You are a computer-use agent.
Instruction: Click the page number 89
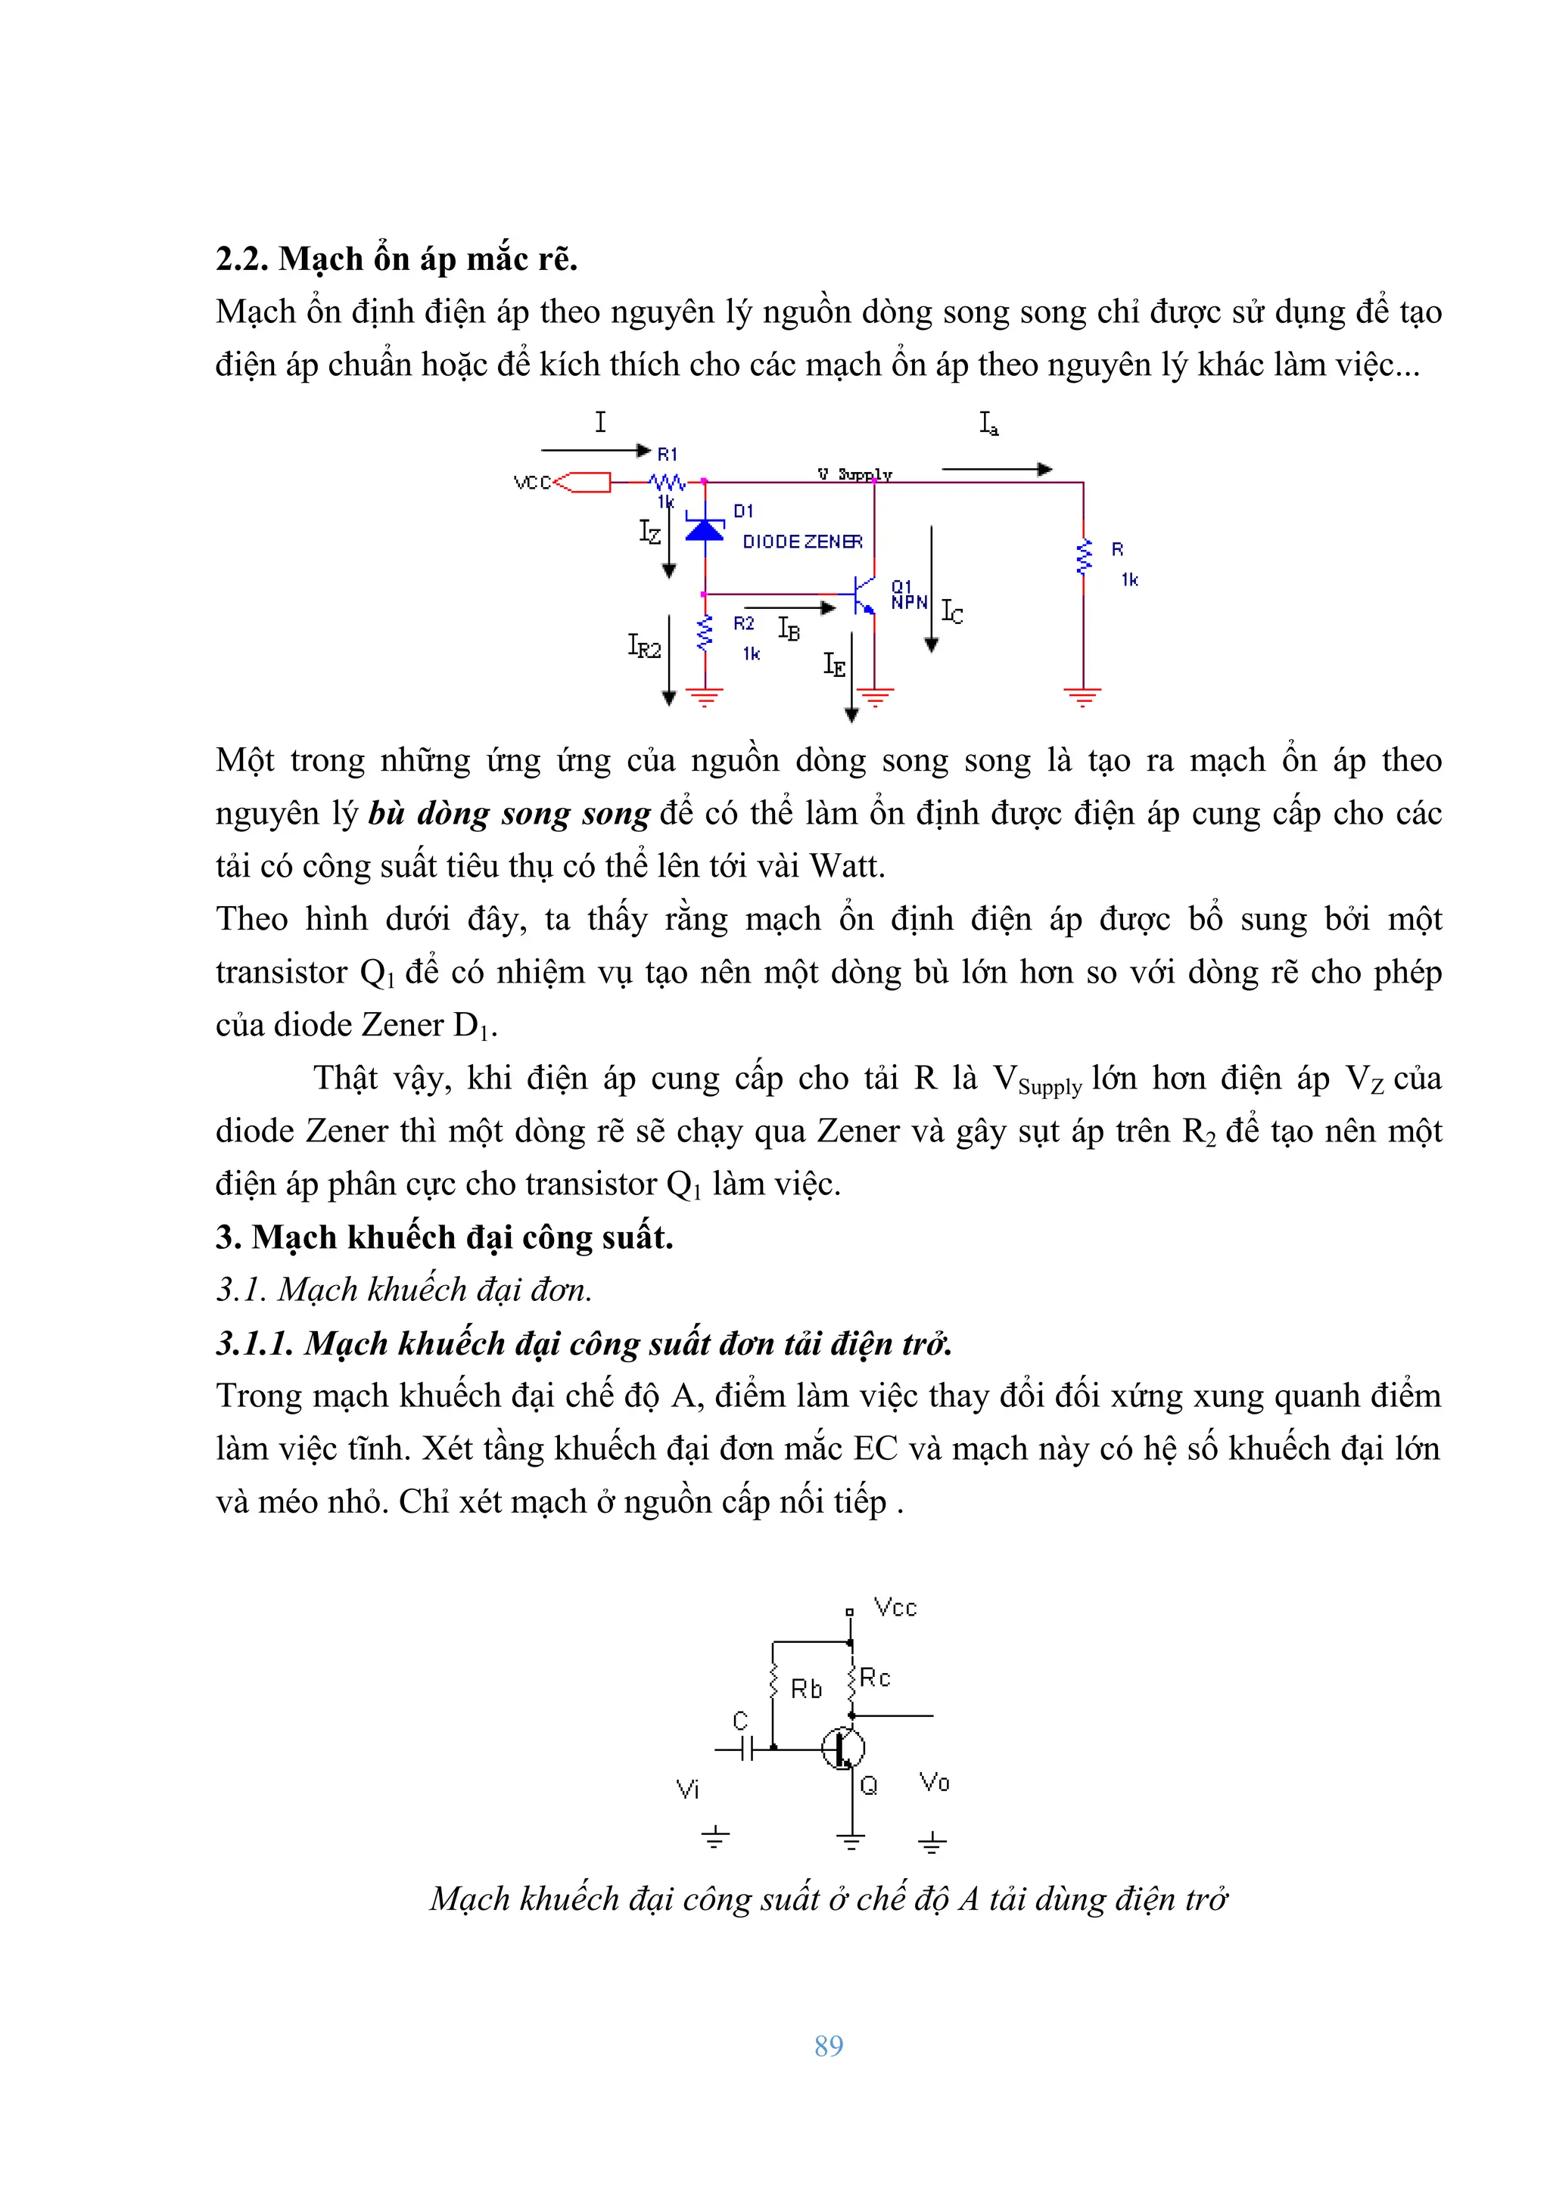click(828, 2045)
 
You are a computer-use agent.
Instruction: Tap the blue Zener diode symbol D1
click(705, 528)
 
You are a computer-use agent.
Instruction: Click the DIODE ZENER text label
click(801, 542)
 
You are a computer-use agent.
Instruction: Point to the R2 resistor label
click(743, 623)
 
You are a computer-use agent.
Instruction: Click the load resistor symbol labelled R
click(1083, 557)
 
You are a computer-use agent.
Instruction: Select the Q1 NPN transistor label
click(908, 595)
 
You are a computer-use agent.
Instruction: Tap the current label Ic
click(951, 612)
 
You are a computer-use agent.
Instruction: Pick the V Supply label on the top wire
click(854, 473)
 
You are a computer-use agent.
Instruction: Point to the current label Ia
click(988, 423)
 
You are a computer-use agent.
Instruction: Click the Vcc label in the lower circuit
click(895, 1608)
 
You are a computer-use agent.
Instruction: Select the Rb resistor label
click(805, 1689)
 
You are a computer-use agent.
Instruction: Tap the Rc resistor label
click(875, 1678)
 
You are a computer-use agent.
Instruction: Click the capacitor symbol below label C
click(747, 1748)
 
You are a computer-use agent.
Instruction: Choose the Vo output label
click(934, 1781)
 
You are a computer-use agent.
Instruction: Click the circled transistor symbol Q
click(843, 1748)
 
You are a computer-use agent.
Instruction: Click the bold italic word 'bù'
click(387, 813)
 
